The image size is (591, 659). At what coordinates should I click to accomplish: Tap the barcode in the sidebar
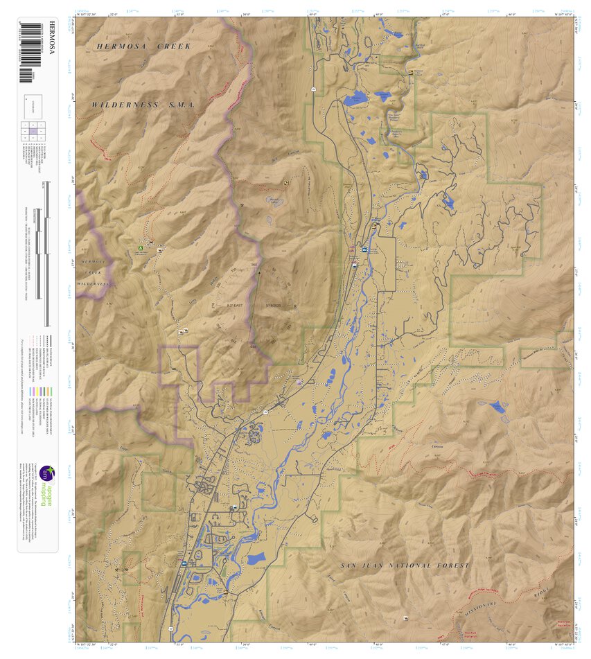pos(28,49)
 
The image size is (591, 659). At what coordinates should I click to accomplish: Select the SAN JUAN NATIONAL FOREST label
pos(405,565)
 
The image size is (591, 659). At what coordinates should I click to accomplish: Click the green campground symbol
pos(140,247)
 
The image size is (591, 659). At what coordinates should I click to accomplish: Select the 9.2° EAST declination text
pos(235,304)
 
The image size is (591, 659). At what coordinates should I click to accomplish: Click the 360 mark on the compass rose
pos(254,265)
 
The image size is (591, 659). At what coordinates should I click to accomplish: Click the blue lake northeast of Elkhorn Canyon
pos(497,407)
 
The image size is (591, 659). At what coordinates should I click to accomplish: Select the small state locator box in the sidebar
pos(33,105)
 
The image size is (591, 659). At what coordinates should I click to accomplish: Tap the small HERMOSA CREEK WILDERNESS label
pos(94,272)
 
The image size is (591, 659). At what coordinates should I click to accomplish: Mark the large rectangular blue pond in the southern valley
pos(256,558)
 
